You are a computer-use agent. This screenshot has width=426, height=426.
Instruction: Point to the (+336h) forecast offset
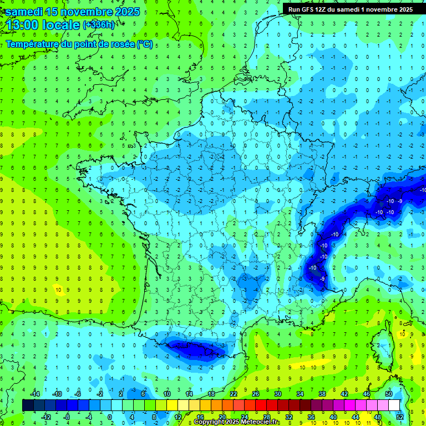99,25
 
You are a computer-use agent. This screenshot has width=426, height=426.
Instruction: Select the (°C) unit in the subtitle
144,44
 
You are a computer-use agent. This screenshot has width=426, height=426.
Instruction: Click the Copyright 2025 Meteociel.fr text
236,422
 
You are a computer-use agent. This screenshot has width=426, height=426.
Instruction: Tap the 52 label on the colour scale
399,417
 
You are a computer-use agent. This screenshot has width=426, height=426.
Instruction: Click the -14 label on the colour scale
35,394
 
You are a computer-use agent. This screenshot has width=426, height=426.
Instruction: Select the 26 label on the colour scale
256,394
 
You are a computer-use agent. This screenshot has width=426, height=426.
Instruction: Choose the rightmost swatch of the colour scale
394,405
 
